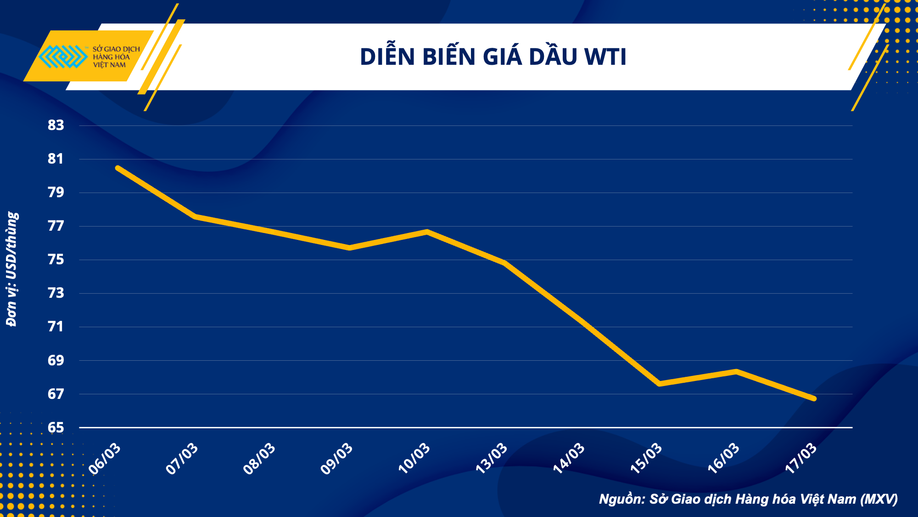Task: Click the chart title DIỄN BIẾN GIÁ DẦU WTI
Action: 493,57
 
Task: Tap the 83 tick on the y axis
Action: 56,125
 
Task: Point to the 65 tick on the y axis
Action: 56,427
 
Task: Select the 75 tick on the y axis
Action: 56,260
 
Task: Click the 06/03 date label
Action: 105,458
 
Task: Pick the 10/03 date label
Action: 414,458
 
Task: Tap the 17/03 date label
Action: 801,458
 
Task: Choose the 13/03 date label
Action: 492,458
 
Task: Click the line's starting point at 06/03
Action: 118,168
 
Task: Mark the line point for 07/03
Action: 196,216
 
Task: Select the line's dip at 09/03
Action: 350,248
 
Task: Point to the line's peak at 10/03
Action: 427,232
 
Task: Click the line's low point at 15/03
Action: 660,383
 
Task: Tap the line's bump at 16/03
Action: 737,371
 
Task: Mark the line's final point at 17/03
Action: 814,398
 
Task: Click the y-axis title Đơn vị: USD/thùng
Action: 12,269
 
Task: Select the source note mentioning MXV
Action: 748,499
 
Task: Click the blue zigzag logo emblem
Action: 63,57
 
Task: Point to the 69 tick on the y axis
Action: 56,360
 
